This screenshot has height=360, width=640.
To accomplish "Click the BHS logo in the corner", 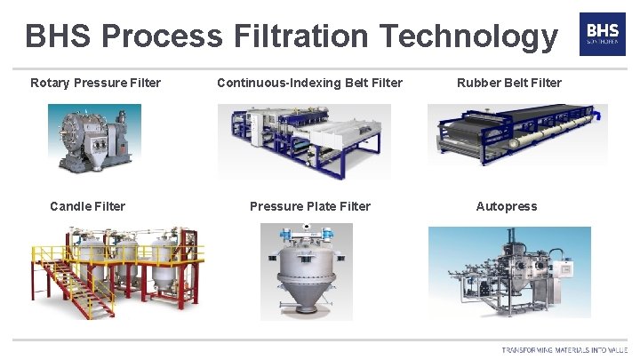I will tap(602, 35).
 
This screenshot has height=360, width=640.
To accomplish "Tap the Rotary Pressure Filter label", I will tap(95, 83).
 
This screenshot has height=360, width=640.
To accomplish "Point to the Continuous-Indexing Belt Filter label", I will tap(309, 83).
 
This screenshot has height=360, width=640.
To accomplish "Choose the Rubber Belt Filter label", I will tap(509, 83).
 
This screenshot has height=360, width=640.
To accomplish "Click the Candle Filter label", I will tap(87, 206).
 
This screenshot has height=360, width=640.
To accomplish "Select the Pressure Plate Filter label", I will tap(310, 206).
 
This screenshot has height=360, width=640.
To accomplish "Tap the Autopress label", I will tap(507, 206).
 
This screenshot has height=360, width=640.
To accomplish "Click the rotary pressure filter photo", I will tap(94, 139).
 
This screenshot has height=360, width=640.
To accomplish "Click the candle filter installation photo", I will tap(116, 271).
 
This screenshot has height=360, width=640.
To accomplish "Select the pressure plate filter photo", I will tap(306, 271).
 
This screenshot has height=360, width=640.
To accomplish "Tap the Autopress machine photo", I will tap(508, 271).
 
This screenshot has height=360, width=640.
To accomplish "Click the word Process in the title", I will tap(162, 36).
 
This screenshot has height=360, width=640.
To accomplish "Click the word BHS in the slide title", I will tap(60, 36).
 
